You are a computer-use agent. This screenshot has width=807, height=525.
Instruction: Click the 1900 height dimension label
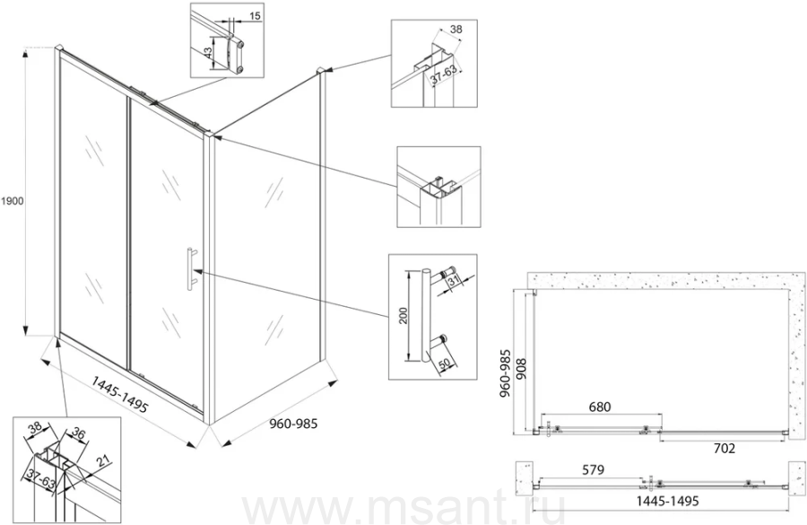12,201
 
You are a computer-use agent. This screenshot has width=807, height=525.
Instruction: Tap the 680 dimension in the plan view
600,407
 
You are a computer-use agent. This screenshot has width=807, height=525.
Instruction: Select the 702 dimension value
724,448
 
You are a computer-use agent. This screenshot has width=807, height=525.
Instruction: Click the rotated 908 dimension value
521,368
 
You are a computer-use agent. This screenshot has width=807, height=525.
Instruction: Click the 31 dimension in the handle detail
454,280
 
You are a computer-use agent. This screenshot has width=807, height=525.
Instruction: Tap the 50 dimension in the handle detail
445,363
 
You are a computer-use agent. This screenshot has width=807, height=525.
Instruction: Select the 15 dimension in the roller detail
256,16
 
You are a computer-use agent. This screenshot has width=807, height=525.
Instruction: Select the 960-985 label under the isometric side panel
294,424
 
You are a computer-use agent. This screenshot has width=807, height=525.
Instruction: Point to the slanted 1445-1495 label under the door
120,394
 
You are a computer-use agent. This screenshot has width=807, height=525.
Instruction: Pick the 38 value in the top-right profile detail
456,30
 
